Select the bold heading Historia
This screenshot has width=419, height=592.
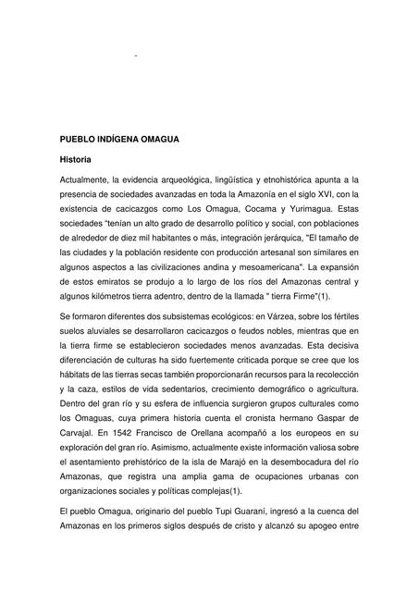[x=76, y=160]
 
